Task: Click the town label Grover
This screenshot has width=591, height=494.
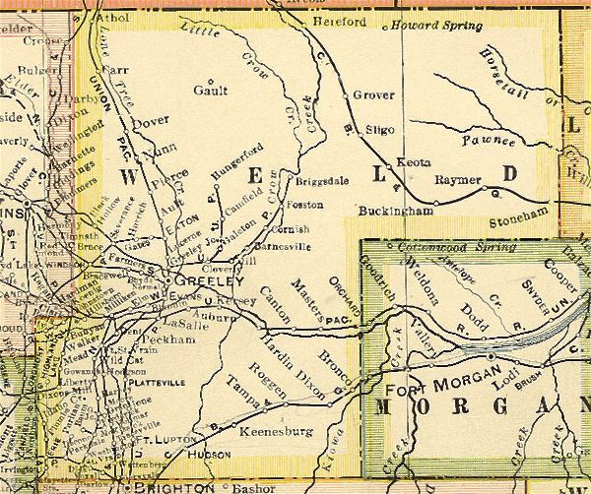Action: coord(372,95)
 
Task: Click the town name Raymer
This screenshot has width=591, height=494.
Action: coord(456,180)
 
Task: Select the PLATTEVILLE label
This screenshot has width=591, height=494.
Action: coord(154,376)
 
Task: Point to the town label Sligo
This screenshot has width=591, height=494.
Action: coord(378,128)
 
